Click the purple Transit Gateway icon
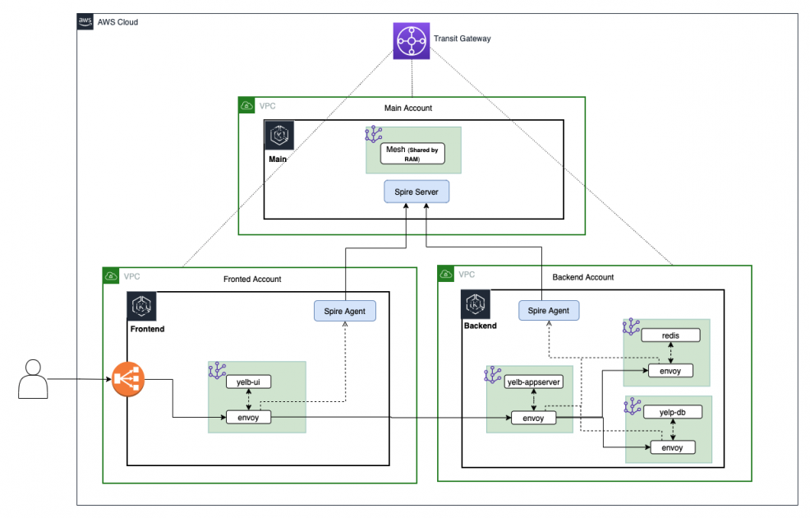[412, 39]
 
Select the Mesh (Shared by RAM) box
[412, 154]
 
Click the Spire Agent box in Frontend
[345, 311]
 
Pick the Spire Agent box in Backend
[549, 311]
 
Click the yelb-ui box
[249, 382]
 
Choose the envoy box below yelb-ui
[247, 419]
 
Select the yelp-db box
[672, 412]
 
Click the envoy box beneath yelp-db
[672, 447]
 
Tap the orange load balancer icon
[128, 380]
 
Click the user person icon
[31, 379]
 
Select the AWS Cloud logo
[85, 22]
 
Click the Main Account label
[408, 108]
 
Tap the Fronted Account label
[252, 280]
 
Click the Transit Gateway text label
[462, 39]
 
